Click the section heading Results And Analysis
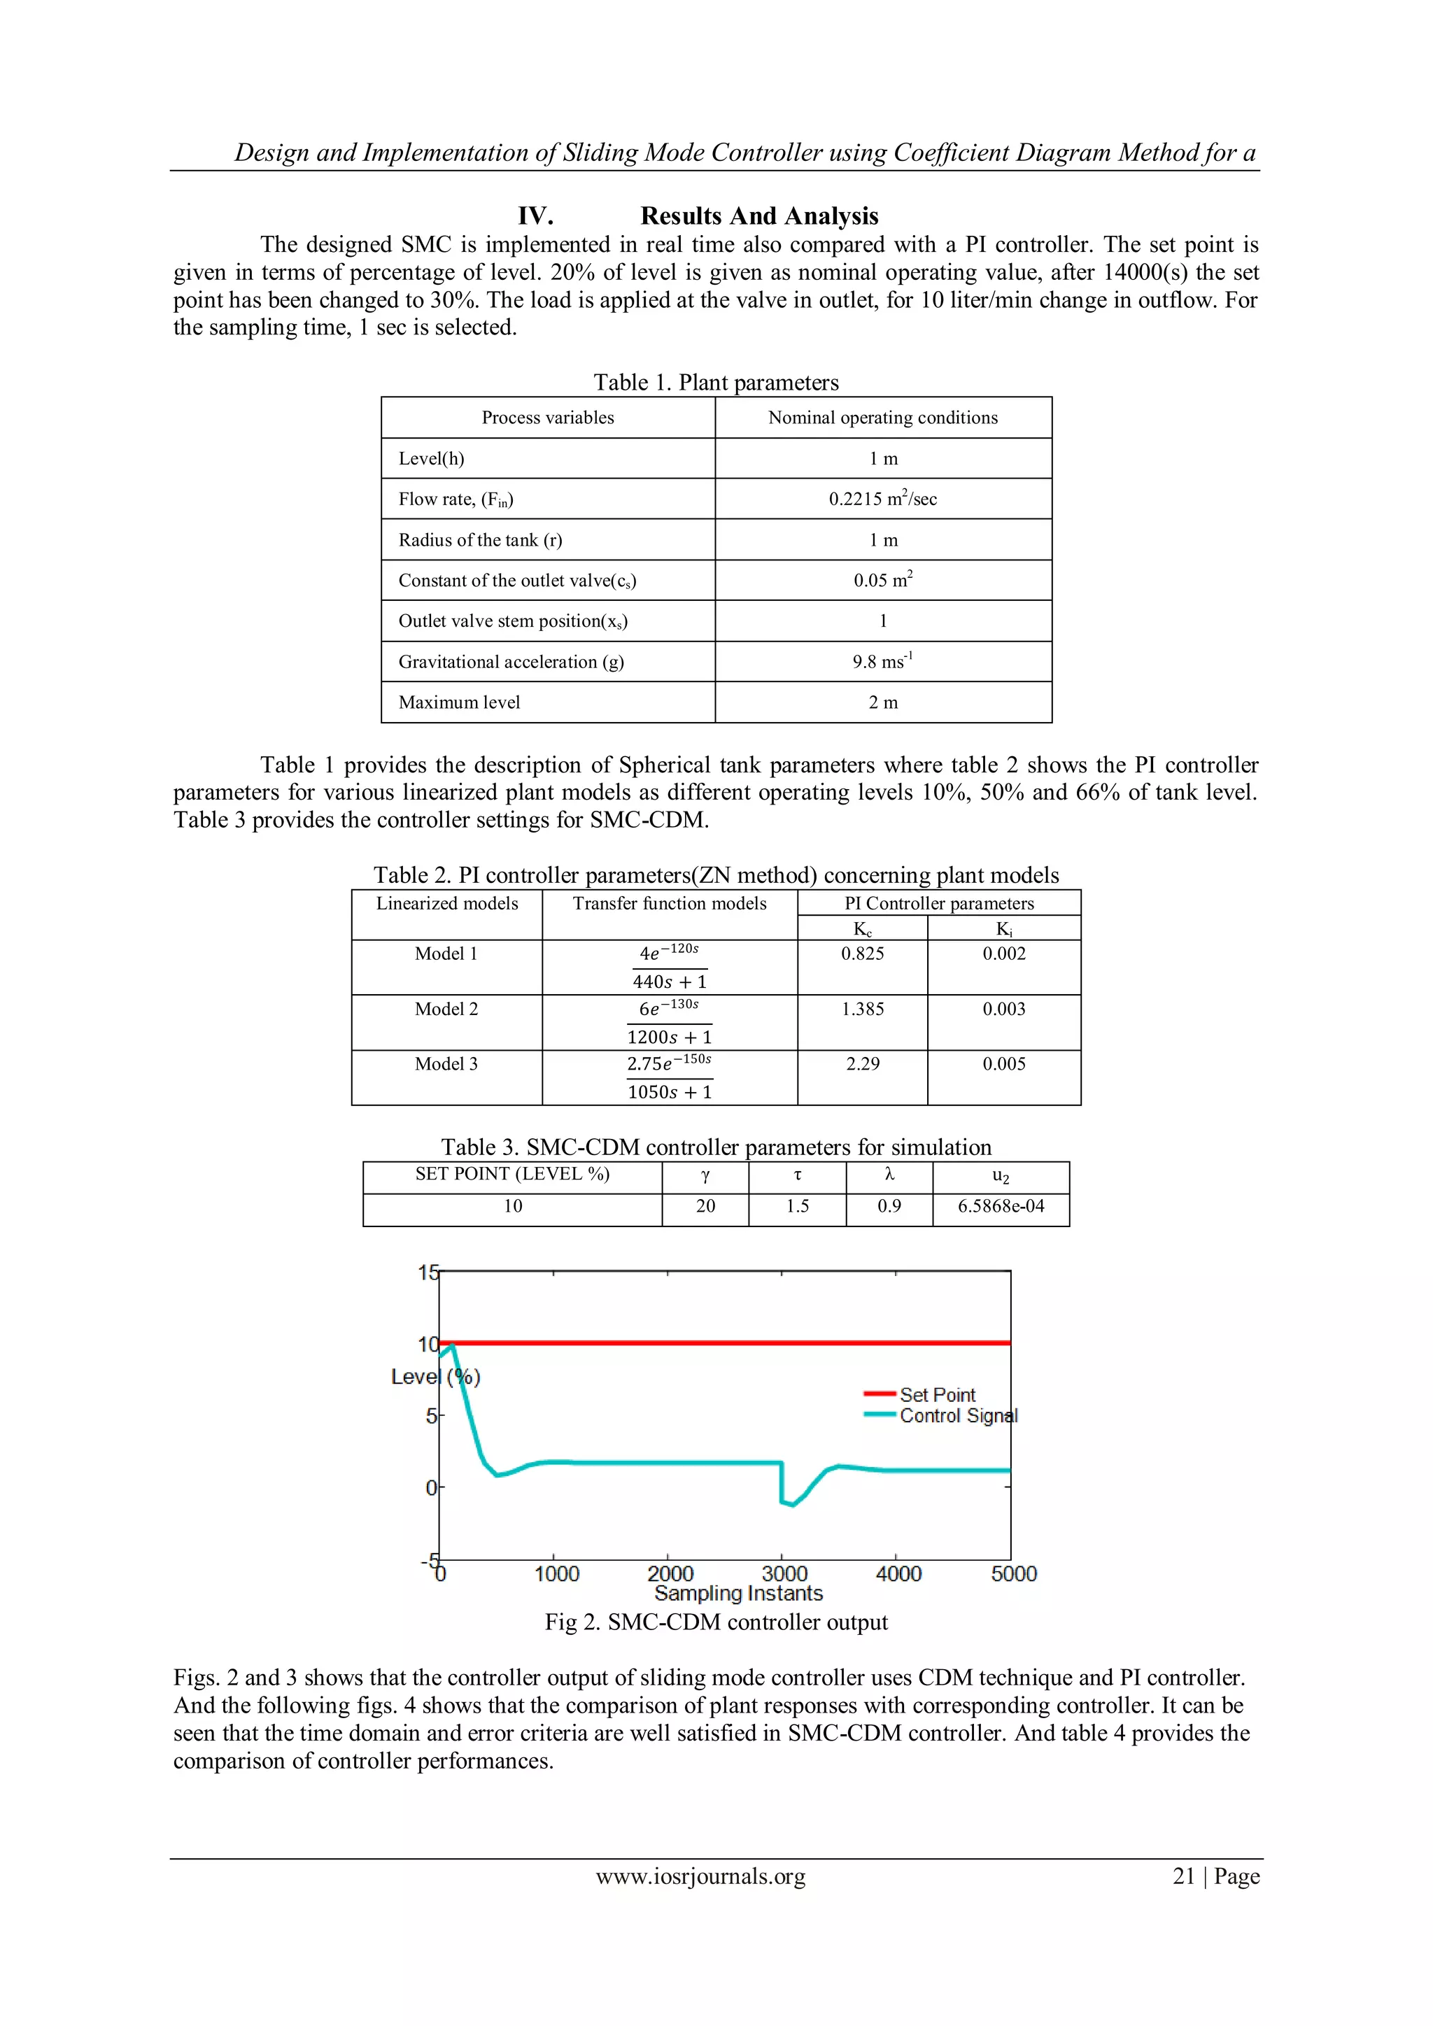coord(759,216)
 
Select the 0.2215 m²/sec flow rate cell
coord(882,500)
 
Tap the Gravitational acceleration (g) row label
coord(511,662)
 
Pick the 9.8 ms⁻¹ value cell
coord(882,662)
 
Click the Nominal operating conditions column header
coord(882,418)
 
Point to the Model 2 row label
coord(446,1009)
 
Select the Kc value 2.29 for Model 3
coord(862,1064)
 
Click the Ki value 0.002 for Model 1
coord(1004,954)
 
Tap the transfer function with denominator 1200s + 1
coord(669,1023)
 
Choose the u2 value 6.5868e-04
coord(1001,1206)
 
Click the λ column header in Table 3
coord(889,1175)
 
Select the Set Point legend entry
coord(936,1395)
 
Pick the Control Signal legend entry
coord(957,1416)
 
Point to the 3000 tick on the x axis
coord(784,1574)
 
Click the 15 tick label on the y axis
coord(428,1273)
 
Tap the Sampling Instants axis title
coord(739,1594)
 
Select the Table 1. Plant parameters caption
coord(716,383)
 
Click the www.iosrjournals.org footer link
coord(700,1877)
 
